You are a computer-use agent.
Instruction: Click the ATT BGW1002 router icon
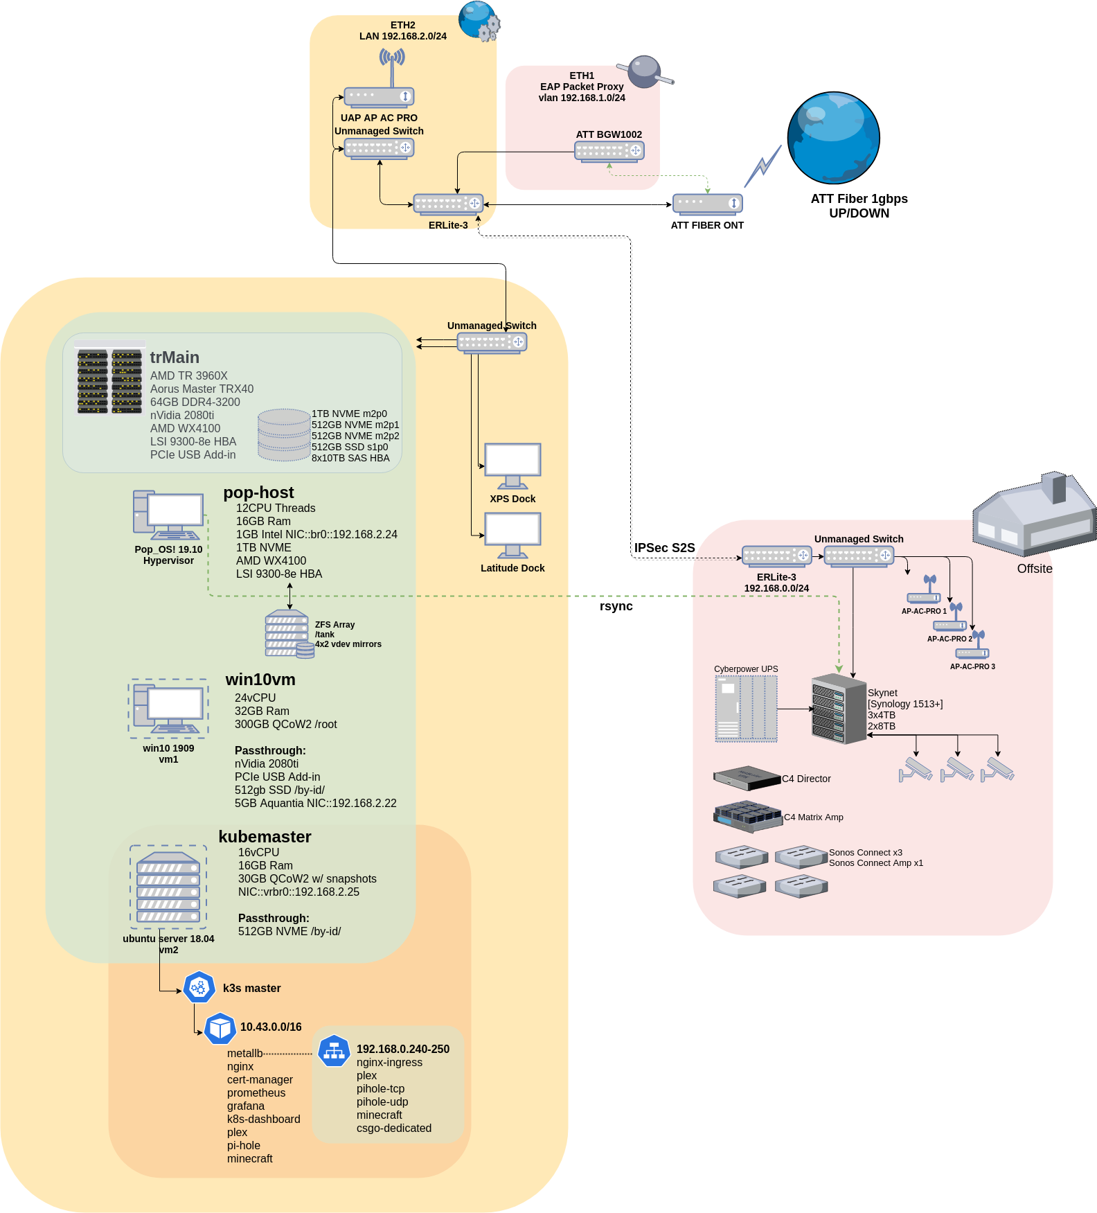(609, 151)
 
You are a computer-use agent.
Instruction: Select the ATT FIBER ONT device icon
(707, 204)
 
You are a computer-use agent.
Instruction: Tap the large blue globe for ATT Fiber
(833, 138)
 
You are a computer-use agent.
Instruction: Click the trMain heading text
(175, 357)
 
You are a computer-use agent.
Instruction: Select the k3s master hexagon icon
(199, 987)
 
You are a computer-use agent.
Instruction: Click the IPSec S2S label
(664, 548)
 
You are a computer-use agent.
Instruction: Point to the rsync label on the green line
(616, 606)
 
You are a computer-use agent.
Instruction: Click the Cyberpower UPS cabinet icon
(746, 708)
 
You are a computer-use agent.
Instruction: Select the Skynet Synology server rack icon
(839, 708)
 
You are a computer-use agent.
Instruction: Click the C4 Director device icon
(747, 778)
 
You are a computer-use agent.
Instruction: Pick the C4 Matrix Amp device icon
(748, 817)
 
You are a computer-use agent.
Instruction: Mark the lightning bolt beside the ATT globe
(762, 166)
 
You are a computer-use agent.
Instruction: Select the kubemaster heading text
(265, 837)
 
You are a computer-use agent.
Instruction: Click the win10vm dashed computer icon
(168, 708)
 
